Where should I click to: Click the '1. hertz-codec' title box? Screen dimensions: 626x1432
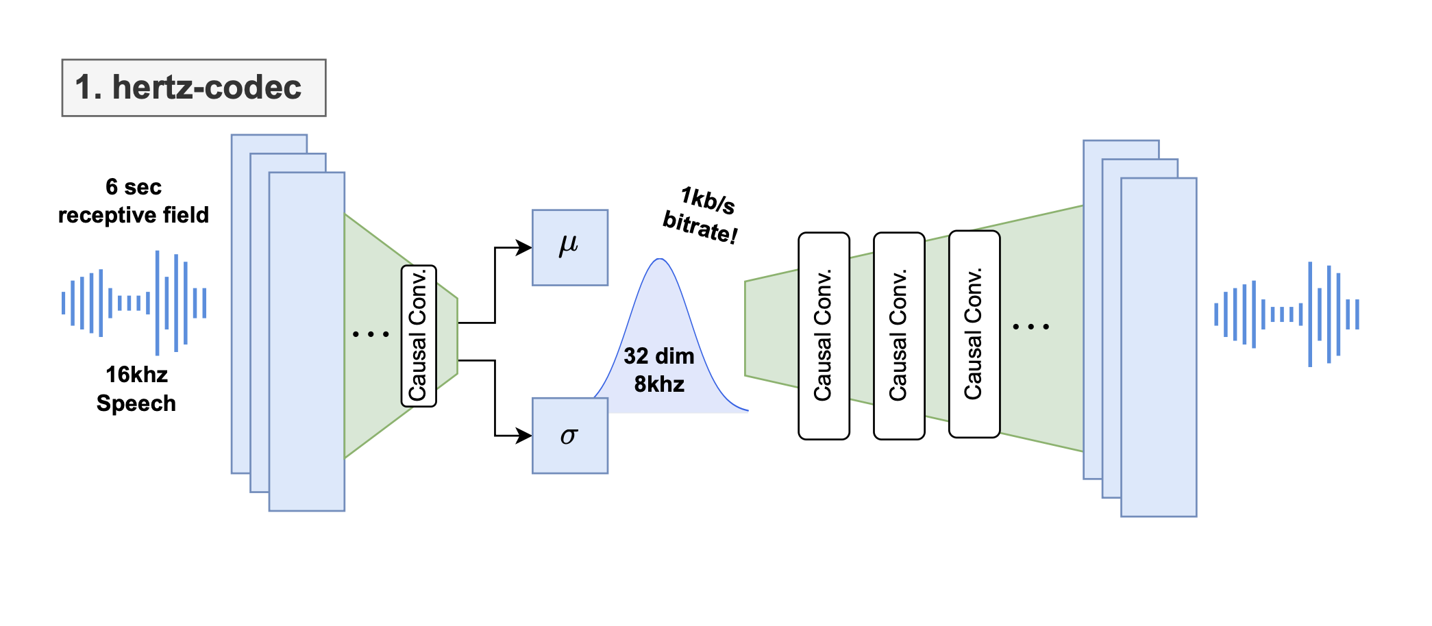[194, 88]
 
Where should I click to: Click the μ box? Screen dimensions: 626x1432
[570, 247]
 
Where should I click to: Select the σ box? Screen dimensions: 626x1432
[570, 436]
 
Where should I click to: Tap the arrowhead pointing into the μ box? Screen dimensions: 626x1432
[525, 247]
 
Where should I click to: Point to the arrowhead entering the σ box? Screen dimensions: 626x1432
[525, 436]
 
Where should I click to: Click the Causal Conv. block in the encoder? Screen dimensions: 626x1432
[419, 336]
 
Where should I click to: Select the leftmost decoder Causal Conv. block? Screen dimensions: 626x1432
[824, 336]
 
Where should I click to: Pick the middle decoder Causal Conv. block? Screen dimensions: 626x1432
[899, 336]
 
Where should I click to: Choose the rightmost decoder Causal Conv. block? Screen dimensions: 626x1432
[974, 334]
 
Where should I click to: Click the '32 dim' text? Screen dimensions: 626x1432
[658, 356]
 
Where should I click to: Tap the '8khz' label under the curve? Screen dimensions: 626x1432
[658, 384]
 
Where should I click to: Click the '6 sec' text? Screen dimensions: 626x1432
[134, 187]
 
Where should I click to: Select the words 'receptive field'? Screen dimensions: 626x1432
[134, 215]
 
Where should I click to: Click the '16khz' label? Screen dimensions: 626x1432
[136, 375]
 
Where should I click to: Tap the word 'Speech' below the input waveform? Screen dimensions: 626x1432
[136, 403]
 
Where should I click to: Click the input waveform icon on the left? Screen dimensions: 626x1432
[134, 303]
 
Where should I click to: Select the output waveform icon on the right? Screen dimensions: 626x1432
[1287, 314]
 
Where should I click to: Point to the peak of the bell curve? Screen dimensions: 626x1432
[659, 260]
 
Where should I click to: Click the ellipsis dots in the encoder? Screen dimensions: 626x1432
[371, 334]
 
